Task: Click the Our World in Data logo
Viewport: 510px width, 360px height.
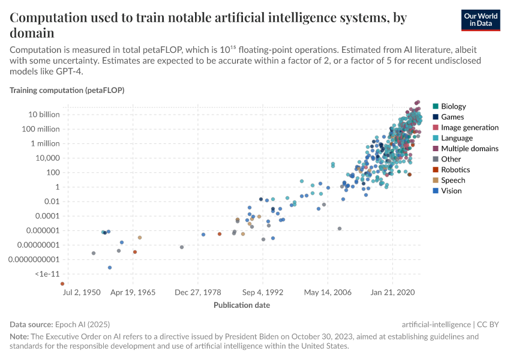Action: [481, 19]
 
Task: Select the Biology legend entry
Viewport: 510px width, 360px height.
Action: [453, 107]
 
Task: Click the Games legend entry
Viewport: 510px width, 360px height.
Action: [452, 117]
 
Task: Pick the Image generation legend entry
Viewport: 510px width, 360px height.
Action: [469, 128]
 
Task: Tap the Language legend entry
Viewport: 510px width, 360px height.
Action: [457, 138]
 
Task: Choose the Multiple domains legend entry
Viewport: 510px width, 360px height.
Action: [469, 149]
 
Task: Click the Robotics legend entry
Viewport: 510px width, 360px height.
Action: [455, 170]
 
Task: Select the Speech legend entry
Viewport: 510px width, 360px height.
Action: [453, 180]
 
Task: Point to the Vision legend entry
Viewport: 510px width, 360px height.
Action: [452, 191]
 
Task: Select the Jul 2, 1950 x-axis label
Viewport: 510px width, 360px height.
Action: [82, 293]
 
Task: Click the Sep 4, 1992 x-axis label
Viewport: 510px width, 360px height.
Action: [262, 293]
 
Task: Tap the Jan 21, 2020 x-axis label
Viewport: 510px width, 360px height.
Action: [393, 293]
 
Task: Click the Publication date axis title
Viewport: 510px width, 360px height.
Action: [242, 305]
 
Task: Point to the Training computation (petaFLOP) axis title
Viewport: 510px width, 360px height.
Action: [67, 90]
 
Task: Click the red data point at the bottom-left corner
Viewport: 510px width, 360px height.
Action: [62, 284]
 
